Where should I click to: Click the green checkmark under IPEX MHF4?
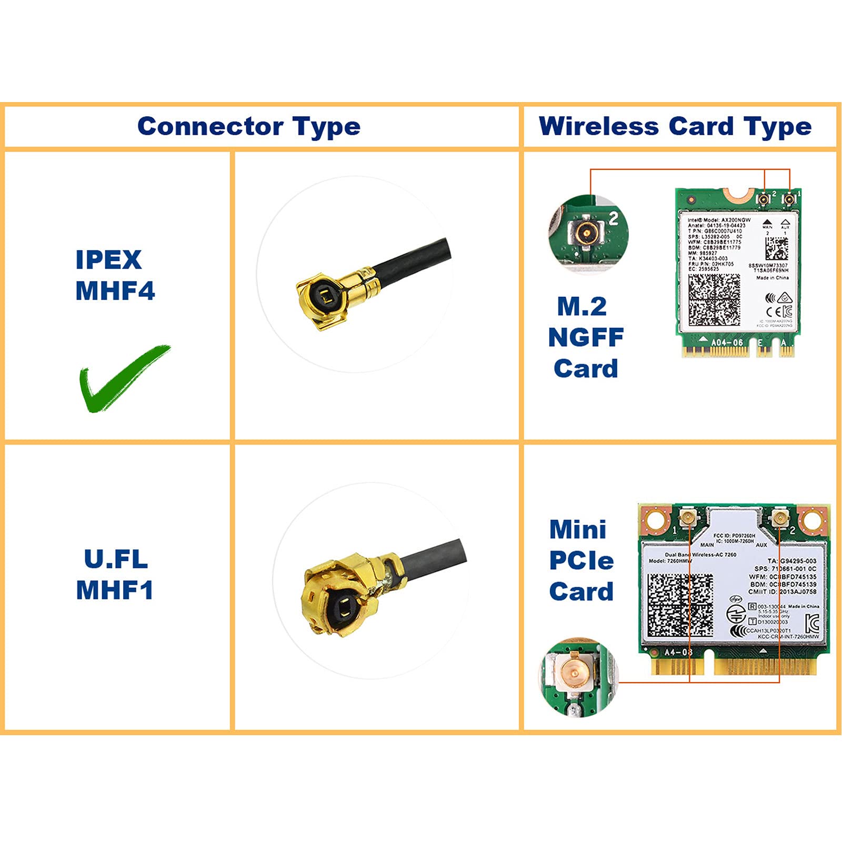point(124,378)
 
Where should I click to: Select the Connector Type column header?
point(249,127)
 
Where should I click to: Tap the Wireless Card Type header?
point(675,127)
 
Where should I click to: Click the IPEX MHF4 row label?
point(115,275)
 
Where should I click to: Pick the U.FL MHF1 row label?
point(115,574)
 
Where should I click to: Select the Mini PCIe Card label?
point(581,560)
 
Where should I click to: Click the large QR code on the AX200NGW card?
point(714,299)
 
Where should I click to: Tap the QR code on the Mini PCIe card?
point(680,605)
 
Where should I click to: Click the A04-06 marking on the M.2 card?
point(727,343)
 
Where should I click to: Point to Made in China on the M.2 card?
point(772,278)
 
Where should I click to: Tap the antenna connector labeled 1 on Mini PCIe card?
point(687,518)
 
